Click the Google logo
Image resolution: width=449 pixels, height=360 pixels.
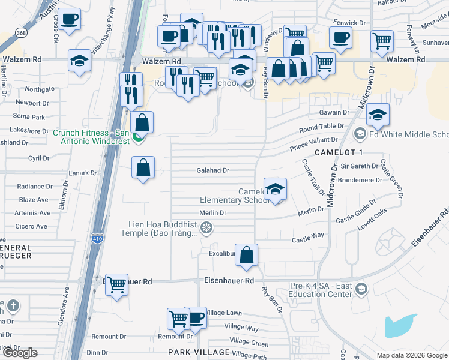pyautogui.click(x=20, y=353)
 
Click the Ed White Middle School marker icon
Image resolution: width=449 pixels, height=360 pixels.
pyautogui.click(x=360, y=134)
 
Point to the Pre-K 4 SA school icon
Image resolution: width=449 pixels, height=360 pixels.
pyautogui.click(x=361, y=289)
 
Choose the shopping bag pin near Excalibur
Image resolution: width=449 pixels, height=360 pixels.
pyautogui.click(x=246, y=256)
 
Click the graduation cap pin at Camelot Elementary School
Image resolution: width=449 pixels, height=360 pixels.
pyautogui.click(x=275, y=189)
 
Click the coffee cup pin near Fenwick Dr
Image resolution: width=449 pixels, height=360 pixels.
pyautogui.click(x=340, y=37)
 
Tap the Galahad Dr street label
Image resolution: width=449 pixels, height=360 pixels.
pyautogui.click(x=213, y=170)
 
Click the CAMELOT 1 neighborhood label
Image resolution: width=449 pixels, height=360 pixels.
pyautogui.click(x=339, y=153)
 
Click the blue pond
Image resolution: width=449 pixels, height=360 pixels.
pyautogui.click(x=399, y=326)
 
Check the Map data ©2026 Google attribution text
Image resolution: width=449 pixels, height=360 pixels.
pyautogui.click(x=411, y=355)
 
